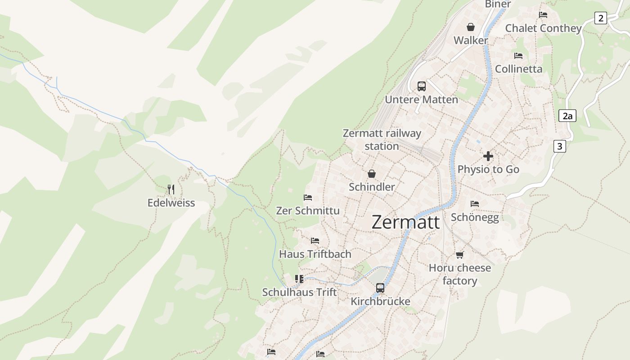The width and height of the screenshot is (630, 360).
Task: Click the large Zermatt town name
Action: [405, 222]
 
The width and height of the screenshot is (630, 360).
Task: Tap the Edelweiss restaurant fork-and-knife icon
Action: [171, 189]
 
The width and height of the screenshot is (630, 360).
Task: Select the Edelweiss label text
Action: [171, 203]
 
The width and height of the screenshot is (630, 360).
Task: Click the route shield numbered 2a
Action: [567, 116]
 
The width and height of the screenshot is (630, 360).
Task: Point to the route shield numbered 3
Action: [559, 146]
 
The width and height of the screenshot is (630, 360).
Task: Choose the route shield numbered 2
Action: [600, 18]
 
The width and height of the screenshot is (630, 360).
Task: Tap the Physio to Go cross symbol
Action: [488, 156]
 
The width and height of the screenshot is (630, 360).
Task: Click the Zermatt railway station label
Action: [382, 139]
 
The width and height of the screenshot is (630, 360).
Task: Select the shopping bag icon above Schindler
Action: [372, 174]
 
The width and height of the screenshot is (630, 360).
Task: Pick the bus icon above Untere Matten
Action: [421, 86]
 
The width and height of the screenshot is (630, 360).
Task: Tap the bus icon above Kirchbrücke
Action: [380, 288]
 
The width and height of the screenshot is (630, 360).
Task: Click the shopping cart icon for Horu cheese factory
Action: [459, 255]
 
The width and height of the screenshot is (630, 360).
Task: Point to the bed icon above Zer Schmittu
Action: [308, 198]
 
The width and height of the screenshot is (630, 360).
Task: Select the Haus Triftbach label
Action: [315, 254]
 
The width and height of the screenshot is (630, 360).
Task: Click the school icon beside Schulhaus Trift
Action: [299, 279]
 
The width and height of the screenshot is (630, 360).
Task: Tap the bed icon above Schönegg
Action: [474, 204]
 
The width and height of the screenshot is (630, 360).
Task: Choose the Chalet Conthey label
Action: [543, 28]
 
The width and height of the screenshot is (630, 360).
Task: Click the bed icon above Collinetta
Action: [518, 56]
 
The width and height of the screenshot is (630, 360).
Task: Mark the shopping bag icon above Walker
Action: [471, 27]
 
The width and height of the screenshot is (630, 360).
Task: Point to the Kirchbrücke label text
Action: [380, 301]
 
